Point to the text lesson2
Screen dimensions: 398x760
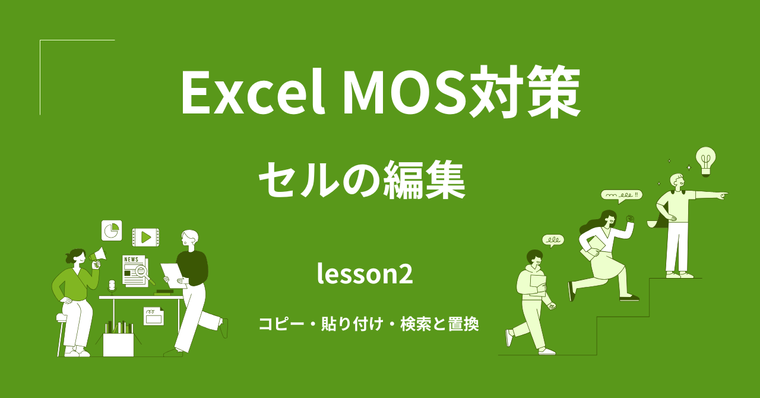[x=365, y=274]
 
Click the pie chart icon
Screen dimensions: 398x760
[x=111, y=230]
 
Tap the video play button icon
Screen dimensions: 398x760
[x=145, y=237]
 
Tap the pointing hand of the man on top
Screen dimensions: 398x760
[x=723, y=194]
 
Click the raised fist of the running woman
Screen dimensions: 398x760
[x=630, y=219]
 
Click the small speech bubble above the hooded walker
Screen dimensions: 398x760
[x=553, y=240]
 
